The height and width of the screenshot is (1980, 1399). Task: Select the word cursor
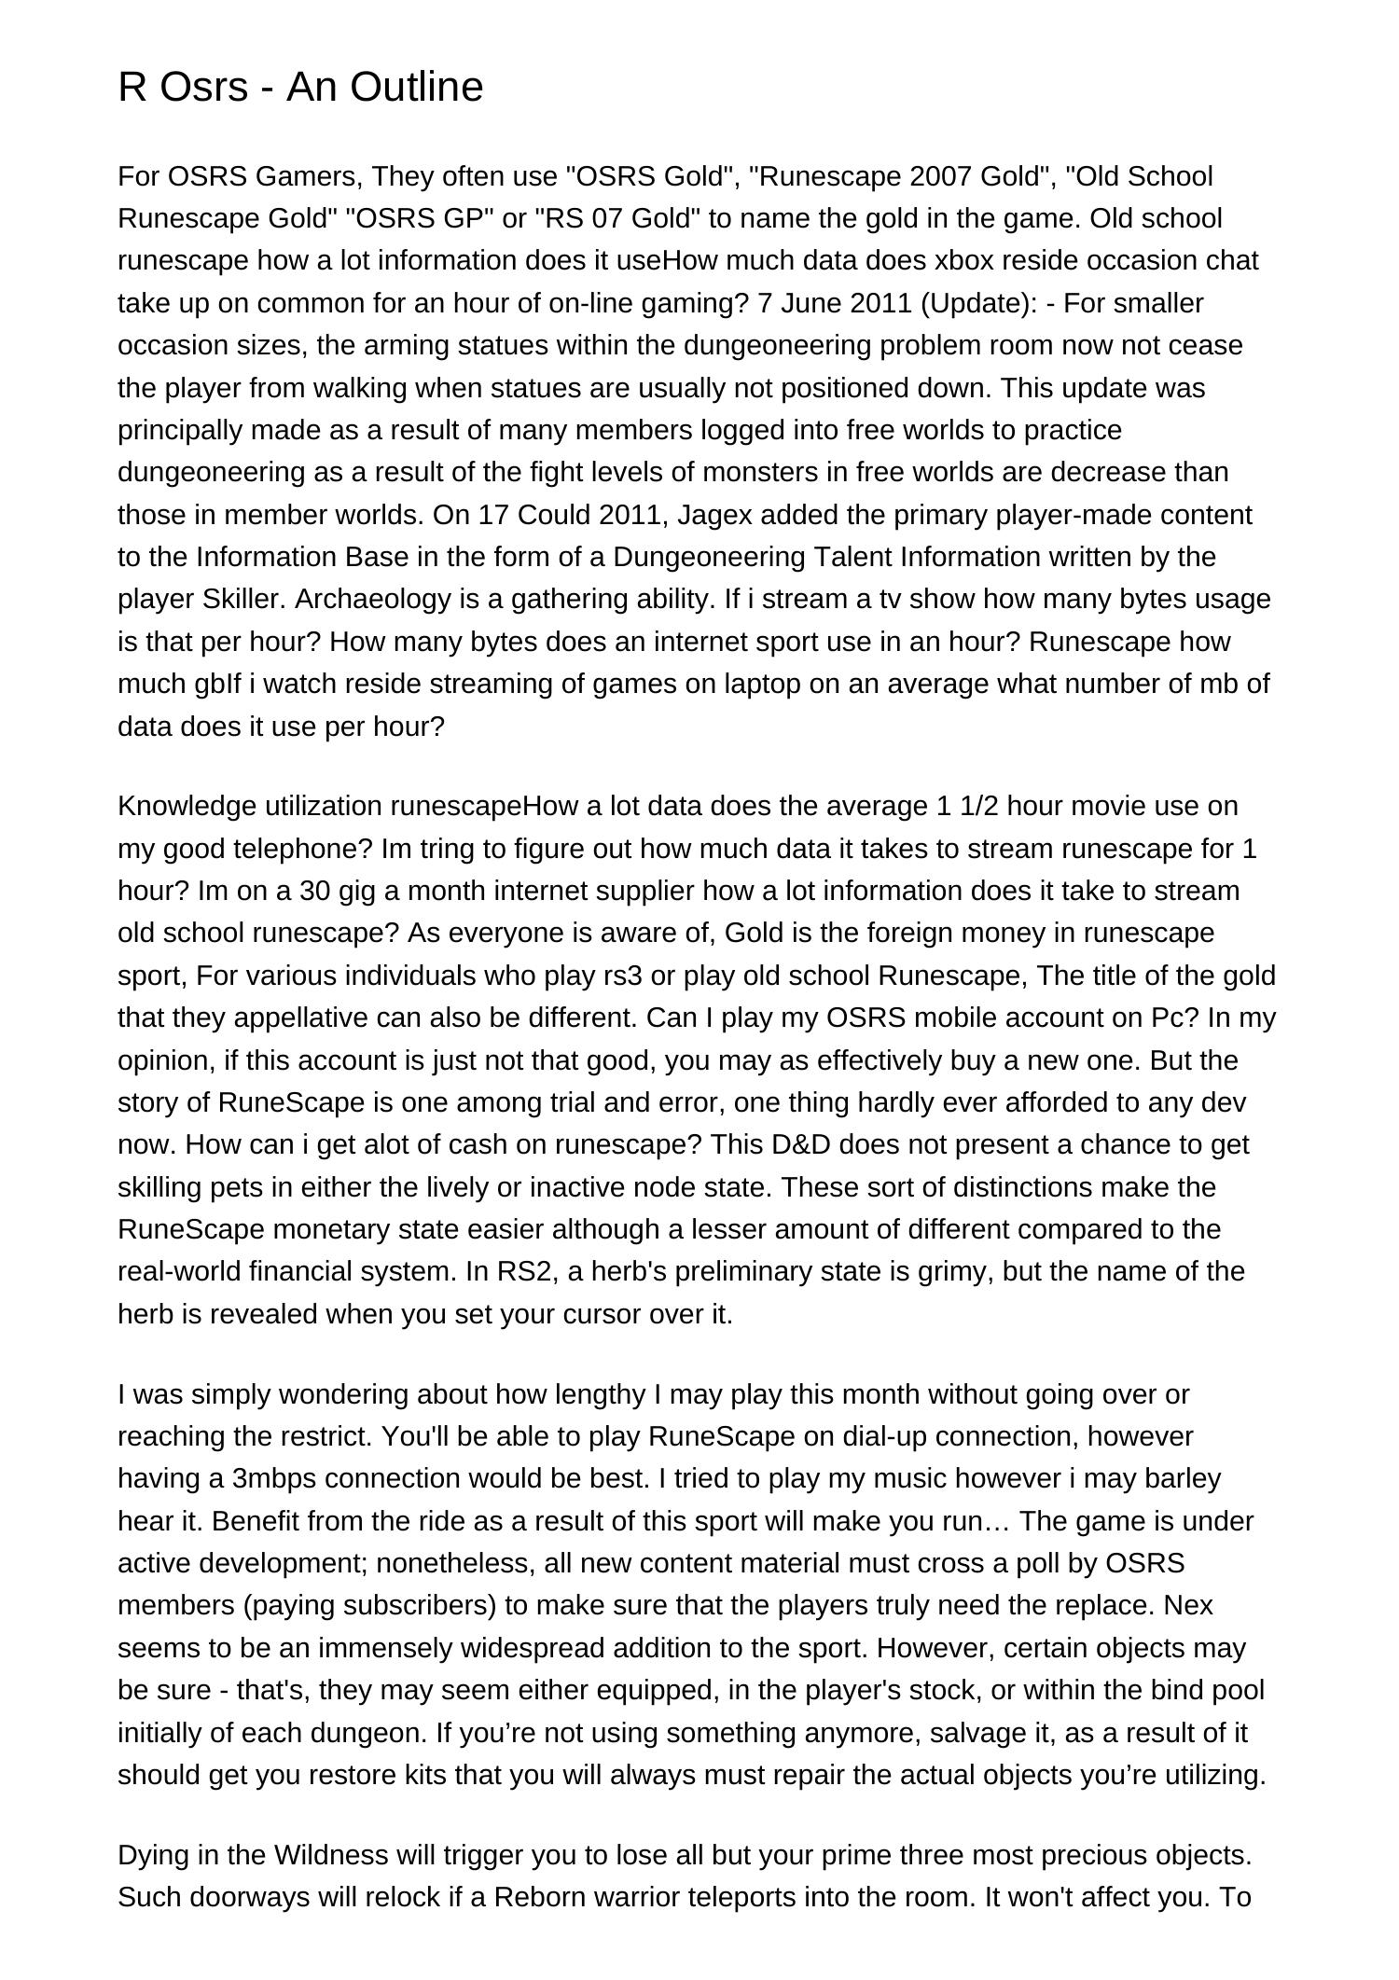[603, 1314]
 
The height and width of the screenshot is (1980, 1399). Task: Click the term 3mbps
[274, 1479]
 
